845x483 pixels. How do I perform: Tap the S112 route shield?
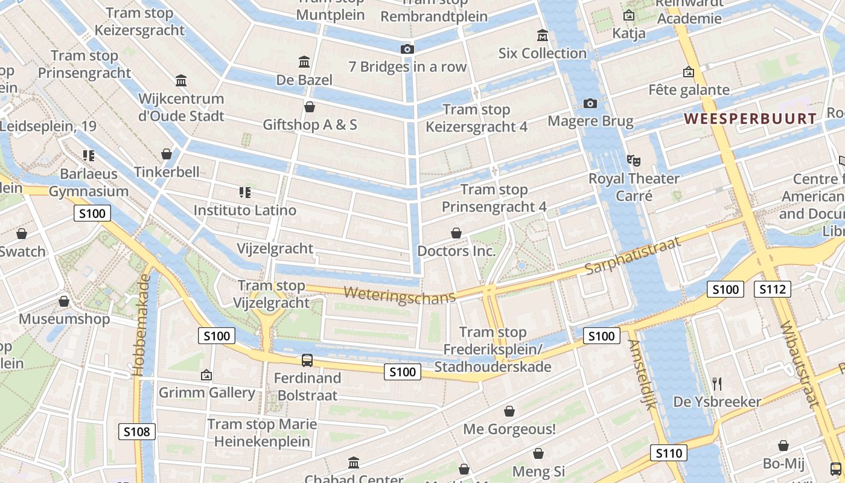(772, 289)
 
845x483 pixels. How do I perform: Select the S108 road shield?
(137, 431)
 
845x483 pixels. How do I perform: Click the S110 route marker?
(669, 453)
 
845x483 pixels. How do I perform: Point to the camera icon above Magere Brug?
(590, 104)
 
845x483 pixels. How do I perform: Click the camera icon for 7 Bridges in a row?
(407, 49)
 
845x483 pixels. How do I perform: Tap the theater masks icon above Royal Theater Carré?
(633, 161)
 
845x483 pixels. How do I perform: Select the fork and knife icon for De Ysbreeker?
(717, 383)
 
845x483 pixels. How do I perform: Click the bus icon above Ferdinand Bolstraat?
(307, 360)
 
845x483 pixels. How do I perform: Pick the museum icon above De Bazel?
(304, 62)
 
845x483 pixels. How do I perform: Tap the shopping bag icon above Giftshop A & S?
(310, 107)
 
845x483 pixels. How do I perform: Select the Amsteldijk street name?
(642, 374)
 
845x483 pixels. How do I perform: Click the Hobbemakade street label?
(142, 326)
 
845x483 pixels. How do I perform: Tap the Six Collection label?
(542, 53)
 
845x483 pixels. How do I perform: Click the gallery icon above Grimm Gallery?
(206, 375)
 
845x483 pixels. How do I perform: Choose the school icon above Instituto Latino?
(244, 193)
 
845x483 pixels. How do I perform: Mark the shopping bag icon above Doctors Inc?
(456, 233)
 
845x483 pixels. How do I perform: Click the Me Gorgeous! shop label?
(509, 429)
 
